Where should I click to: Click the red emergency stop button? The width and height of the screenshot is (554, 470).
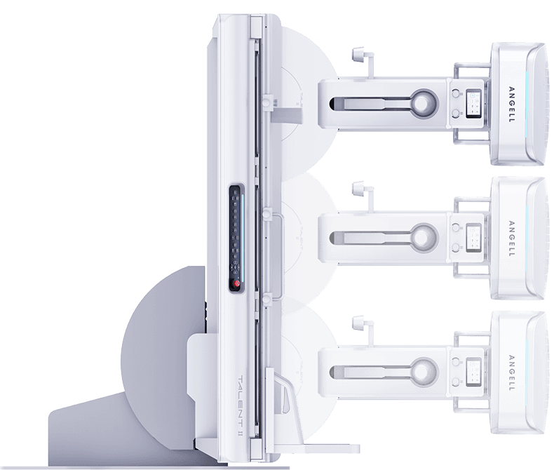click(236, 283)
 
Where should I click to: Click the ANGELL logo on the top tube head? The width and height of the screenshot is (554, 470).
click(512, 105)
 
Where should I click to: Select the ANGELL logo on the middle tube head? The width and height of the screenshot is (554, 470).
click(512, 239)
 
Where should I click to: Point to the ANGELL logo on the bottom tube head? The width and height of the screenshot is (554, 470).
click(512, 372)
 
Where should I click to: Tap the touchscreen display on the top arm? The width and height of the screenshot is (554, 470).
click(474, 104)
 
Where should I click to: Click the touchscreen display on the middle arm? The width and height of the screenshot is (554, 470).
click(474, 238)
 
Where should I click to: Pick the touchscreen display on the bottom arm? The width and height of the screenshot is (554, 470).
click(474, 372)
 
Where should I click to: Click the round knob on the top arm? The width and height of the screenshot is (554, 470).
click(423, 104)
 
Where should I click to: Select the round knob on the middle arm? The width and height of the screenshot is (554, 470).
click(423, 237)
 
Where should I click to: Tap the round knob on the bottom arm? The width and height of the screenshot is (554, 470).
click(423, 371)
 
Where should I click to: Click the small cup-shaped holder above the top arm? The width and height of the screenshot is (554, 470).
click(358, 55)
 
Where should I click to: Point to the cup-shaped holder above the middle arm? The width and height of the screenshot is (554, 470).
click(358, 189)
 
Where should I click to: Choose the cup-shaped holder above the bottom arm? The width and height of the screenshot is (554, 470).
click(358, 322)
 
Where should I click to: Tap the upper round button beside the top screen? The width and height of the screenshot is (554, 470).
click(456, 93)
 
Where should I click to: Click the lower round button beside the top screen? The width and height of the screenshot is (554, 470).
click(456, 114)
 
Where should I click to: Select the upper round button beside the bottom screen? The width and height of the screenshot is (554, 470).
click(456, 361)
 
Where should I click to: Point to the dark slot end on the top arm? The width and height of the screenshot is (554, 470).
click(333, 104)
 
